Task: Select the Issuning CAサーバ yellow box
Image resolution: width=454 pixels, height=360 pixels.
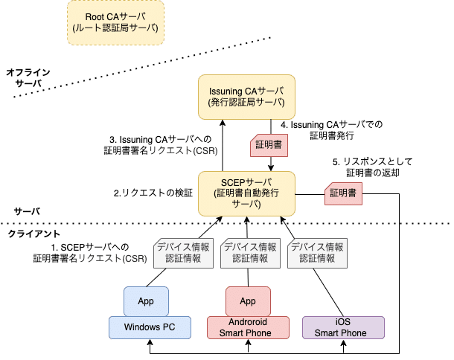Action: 246,96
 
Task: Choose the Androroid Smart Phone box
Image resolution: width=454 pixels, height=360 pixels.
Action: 246,327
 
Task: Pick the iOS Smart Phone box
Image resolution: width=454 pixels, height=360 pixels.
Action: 342,327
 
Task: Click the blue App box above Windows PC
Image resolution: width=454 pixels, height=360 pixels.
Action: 146,301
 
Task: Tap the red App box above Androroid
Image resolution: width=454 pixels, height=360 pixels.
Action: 248,301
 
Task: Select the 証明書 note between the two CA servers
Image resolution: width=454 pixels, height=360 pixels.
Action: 267,146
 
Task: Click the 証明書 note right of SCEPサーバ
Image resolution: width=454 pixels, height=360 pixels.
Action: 342,193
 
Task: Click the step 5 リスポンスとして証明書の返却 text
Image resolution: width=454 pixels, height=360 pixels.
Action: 371,167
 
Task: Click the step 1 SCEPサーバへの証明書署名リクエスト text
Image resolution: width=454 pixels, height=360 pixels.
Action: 89,252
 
